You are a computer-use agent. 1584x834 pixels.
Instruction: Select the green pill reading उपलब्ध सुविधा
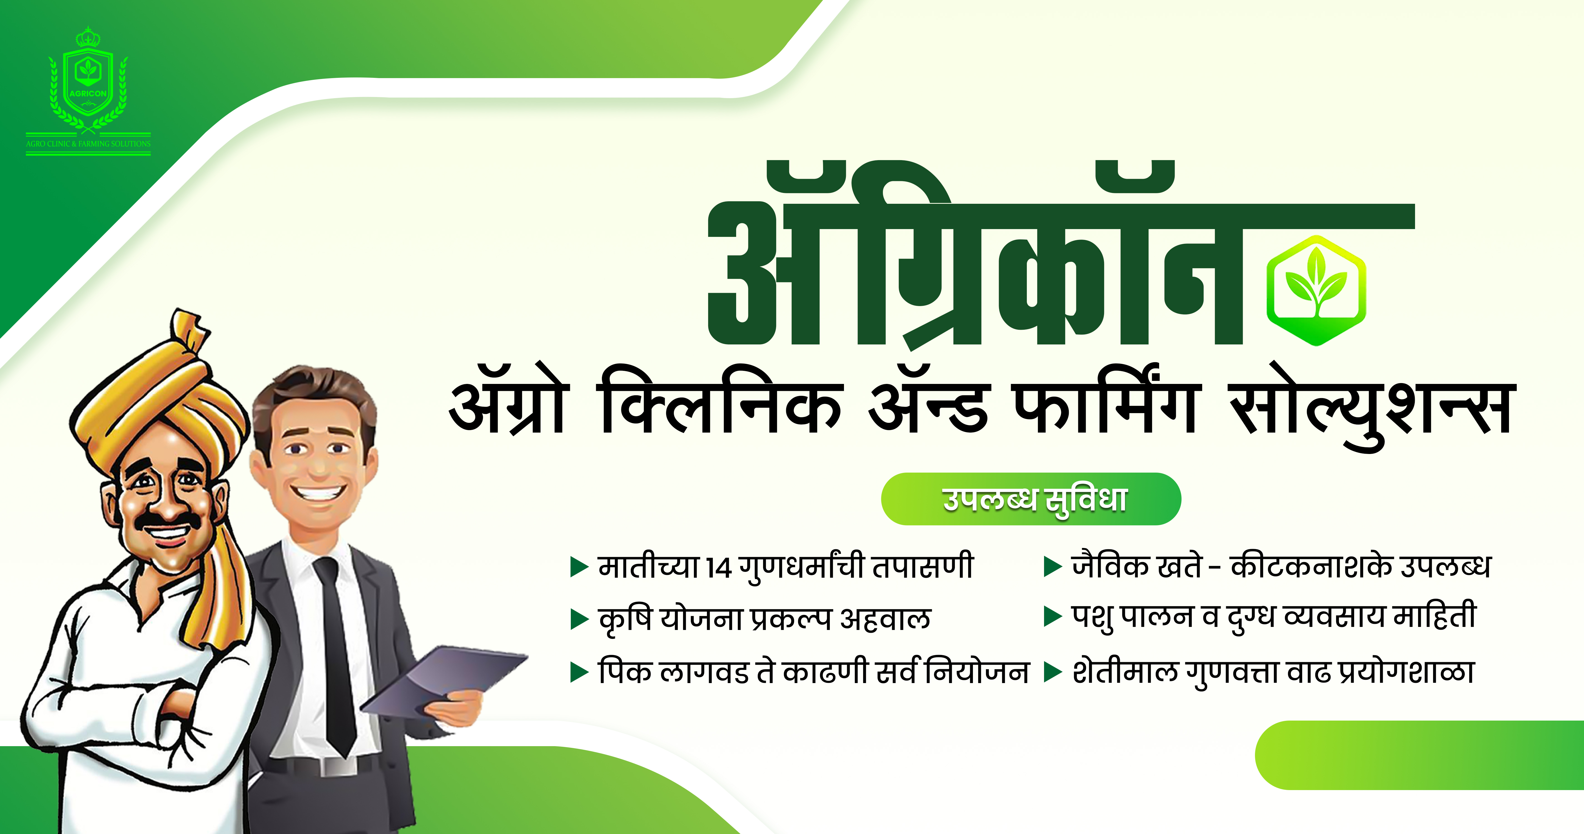[1031, 499]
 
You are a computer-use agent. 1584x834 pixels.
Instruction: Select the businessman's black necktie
[335, 652]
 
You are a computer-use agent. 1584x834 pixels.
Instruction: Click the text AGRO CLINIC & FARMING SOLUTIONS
[88, 144]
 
